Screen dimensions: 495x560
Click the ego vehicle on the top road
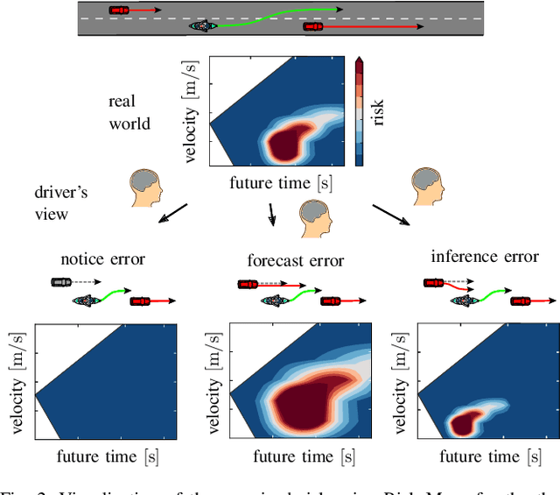tap(202, 26)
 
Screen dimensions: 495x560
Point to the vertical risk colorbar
tap(360, 111)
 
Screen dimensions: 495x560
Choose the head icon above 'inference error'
tap(426, 187)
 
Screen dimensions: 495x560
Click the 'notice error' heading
tap(102, 258)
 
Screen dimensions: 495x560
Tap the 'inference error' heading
tap(485, 257)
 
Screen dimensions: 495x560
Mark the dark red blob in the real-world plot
tap(285, 143)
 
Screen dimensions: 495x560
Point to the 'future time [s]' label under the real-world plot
tap(280, 183)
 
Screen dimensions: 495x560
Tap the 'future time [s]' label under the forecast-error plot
tap(301, 456)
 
